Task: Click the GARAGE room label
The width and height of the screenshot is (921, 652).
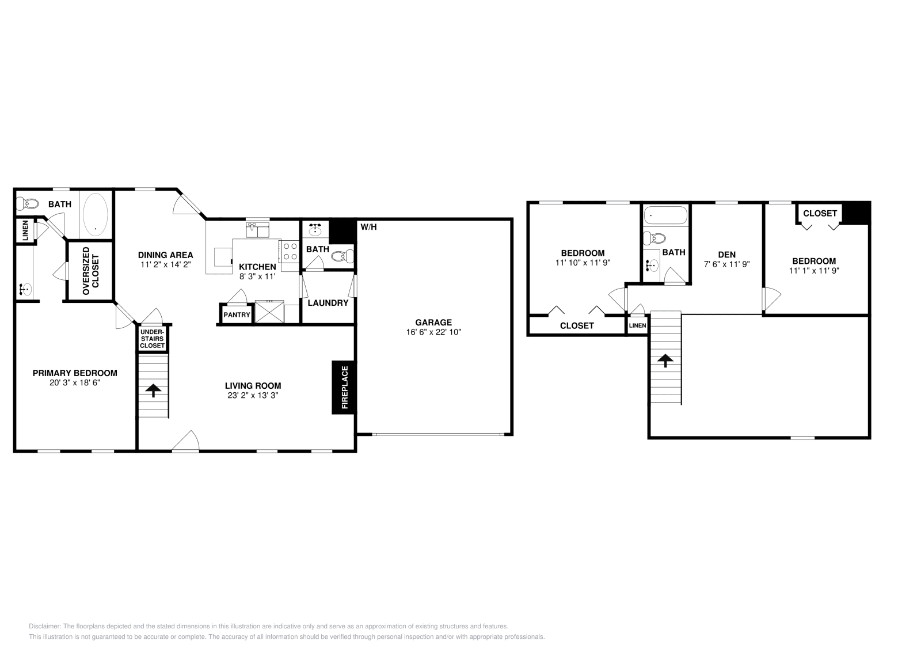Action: (x=433, y=323)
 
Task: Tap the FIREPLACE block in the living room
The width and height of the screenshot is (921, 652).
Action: (x=344, y=387)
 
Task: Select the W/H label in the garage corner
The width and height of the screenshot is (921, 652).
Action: (x=368, y=227)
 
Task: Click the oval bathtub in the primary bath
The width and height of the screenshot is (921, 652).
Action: (x=96, y=214)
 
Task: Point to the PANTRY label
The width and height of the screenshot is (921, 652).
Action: (x=237, y=315)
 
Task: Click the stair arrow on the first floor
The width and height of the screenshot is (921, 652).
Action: (x=153, y=391)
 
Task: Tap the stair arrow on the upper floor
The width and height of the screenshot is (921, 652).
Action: (x=665, y=361)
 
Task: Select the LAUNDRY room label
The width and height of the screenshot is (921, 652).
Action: (x=328, y=303)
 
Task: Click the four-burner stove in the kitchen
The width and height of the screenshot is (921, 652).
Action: (x=290, y=251)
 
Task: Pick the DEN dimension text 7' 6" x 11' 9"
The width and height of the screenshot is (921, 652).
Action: (x=726, y=264)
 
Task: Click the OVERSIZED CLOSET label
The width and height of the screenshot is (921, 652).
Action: (x=91, y=271)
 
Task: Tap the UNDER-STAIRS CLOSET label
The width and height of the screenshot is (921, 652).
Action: (x=152, y=339)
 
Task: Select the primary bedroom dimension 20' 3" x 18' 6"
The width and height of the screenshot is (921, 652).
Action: (x=75, y=382)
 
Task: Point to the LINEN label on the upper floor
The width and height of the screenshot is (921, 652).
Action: (x=637, y=326)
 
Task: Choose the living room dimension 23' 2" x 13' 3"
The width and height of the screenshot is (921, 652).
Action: (x=253, y=396)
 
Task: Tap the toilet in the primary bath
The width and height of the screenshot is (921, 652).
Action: (x=26, y=203)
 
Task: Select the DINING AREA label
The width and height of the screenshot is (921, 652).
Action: (x=165, y=255)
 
